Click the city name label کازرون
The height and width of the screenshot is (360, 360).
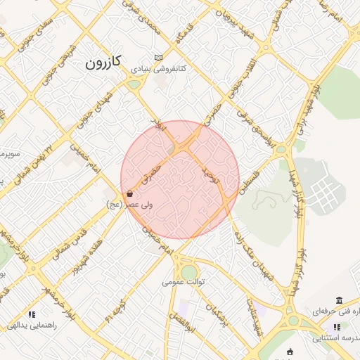[103, 63]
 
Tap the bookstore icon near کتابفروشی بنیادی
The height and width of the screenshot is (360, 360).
[159, 58]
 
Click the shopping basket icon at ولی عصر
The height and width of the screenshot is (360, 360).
[129, 194]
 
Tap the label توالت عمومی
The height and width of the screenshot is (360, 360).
[183, 282]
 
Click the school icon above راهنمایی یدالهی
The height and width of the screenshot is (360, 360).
[31, 314]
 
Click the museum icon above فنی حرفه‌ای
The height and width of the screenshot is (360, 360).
[339, 300]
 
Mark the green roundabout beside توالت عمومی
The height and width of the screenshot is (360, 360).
[190, 272]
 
